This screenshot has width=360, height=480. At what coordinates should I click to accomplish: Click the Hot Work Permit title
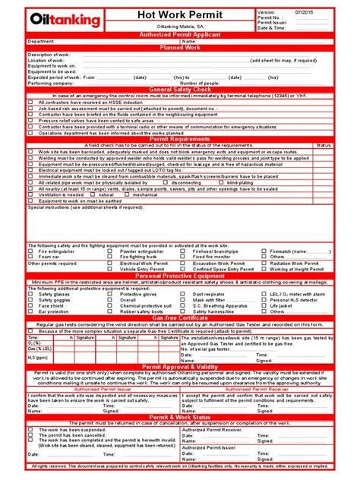click(x=180, y=15)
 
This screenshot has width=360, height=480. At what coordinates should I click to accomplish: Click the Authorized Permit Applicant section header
click(x=180, y=35)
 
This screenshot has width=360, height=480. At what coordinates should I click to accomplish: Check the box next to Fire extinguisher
click(x=31, y=250)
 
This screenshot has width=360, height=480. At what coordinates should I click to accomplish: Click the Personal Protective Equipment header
click(x=180, y=275)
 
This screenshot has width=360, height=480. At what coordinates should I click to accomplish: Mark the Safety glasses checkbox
click(x=31, y=292)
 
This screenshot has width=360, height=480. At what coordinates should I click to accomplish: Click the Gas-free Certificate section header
click(x=180, y=317)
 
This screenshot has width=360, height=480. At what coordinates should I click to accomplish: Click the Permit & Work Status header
click(x=180, y=418)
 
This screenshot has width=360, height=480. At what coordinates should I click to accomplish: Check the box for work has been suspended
click(x=31, y=430)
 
